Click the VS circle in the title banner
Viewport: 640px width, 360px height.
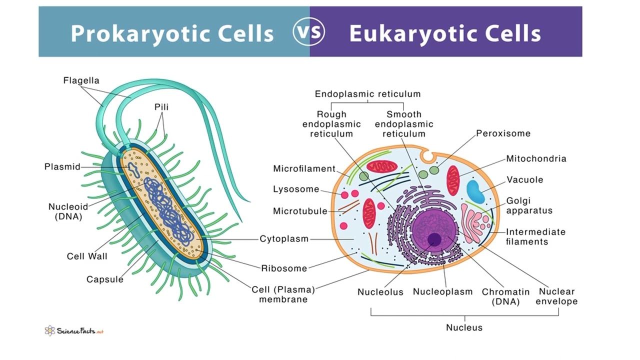click(x=308, y=32)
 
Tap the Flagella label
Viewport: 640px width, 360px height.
click(x=81, y=80)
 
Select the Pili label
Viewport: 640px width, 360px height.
click(x=161, y=107)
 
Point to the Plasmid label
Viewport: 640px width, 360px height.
click(x=62, y=167)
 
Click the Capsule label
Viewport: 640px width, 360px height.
click(x=104, y=279)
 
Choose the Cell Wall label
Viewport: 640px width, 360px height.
click(x=87, y=256)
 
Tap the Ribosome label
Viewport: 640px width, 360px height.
click(x=284, y=268)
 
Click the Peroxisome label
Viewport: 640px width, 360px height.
click(x=503, y=133)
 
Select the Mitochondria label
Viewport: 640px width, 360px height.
click(x=536, y=158)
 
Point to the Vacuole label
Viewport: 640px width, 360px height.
click(x=524, y=179)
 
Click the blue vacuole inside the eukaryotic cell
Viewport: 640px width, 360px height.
click(x=475, y=192)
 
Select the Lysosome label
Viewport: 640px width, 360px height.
click(x=296, y=189)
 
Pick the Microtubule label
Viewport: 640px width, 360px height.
click(x=300, y=211)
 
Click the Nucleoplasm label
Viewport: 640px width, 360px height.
click(x=442, y=291)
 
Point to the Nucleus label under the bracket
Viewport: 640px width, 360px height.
click(x=464, y=327)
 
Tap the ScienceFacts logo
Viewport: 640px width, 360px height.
click(x=73, y=330)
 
